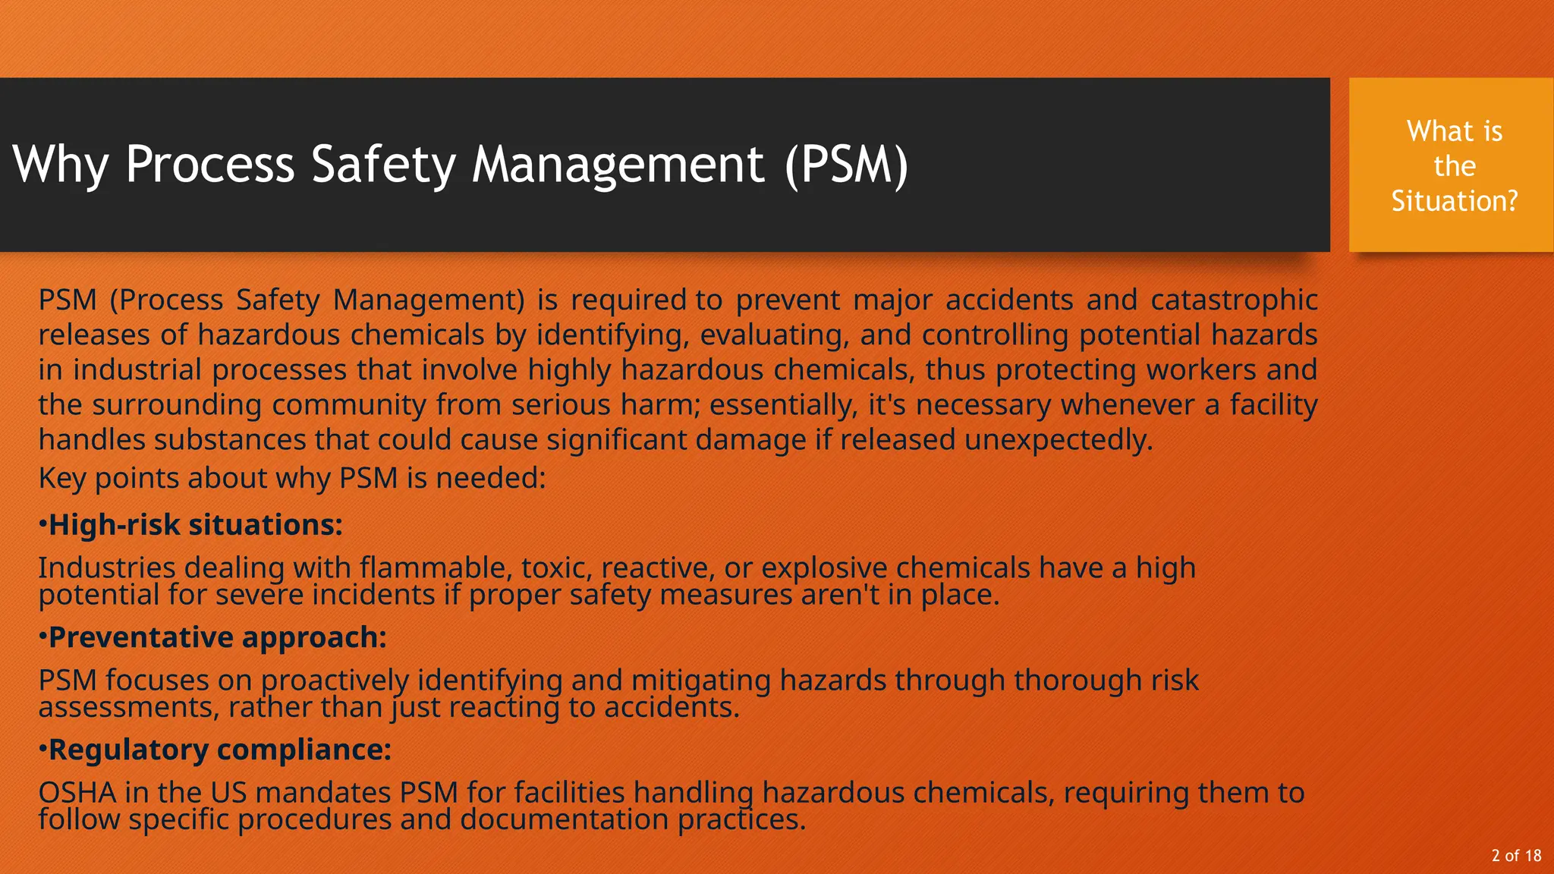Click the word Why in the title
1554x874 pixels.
(x=61, y=165)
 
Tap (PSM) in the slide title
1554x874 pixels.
(x=846, y=165)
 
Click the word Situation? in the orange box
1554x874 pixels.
(x=1454, y=201)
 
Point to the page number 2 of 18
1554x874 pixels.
(x=1516, y=856)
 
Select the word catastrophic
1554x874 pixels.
(x=1234, y=300)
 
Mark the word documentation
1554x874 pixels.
(x=565, y=819)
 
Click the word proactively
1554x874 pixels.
(x=335, y=681)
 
